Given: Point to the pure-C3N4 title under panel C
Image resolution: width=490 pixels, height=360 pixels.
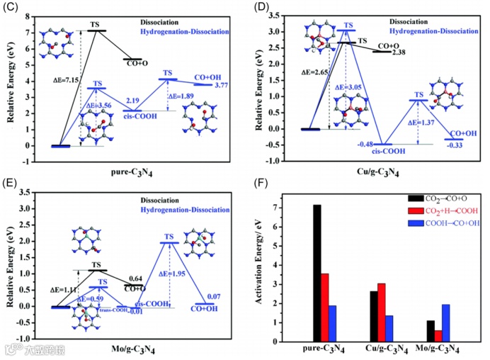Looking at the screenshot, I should point(130,171).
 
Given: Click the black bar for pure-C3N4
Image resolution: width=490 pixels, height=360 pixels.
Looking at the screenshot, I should point(317,273).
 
